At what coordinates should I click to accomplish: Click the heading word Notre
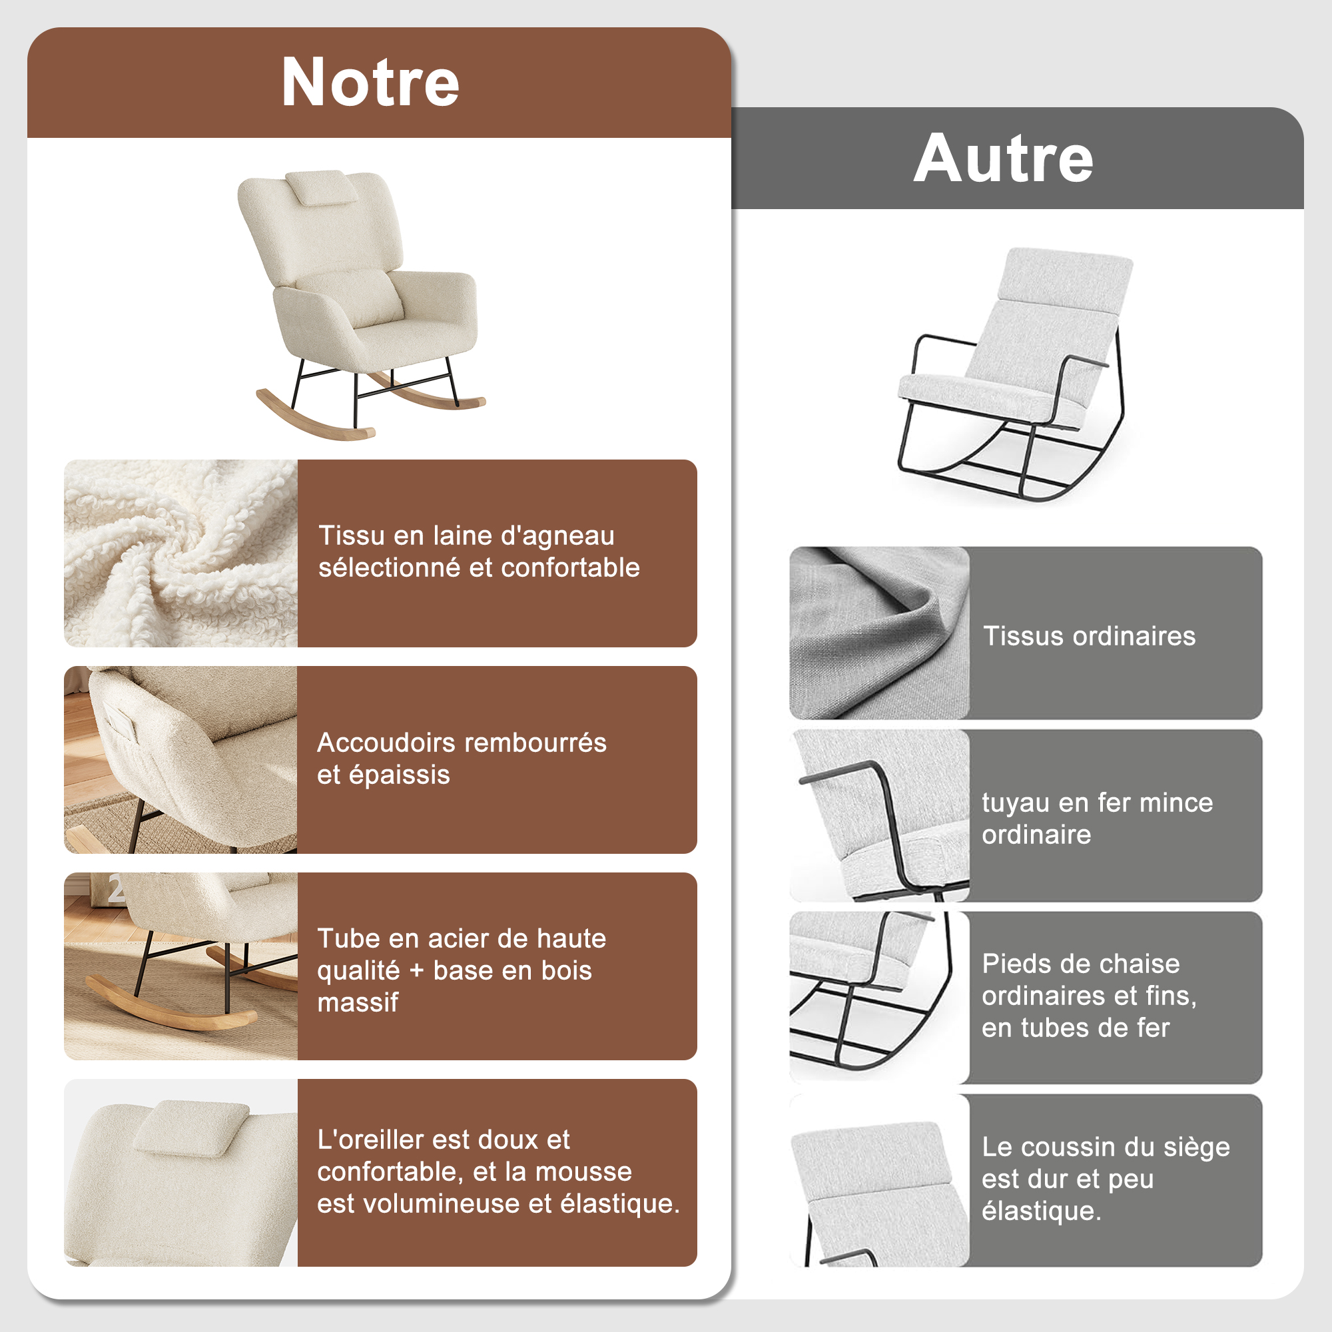(x=370, y=82)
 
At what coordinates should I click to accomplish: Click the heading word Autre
(x=1003, y=159)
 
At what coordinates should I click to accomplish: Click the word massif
(x=358, y=1002)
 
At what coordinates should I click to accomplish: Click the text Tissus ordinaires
(x=1090, y=635)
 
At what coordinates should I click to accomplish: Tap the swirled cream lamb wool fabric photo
(x=180, y=553)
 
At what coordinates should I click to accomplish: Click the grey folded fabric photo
(x=879, y=633)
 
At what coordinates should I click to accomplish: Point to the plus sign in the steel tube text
(x=416, y=972)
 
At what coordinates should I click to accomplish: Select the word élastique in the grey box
(x=1041, y=1211)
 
